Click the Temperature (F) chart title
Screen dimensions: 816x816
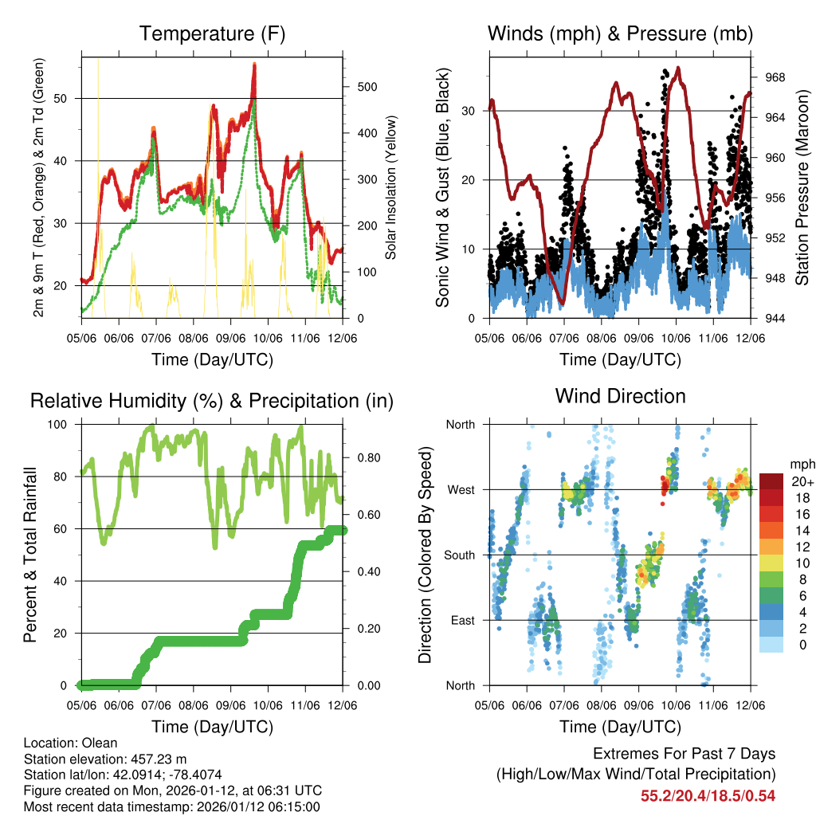pos(212,34)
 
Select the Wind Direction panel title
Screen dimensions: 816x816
pos(620,396)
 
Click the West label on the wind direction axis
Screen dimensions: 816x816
pos(461,490)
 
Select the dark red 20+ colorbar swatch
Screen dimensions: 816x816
pos(771,482)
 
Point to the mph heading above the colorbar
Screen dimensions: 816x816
pos(800,464)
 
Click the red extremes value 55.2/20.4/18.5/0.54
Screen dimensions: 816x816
pos(708,796)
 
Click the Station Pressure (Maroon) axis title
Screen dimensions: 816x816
pos(802,186)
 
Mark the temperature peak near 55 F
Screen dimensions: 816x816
pos(254,65)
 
